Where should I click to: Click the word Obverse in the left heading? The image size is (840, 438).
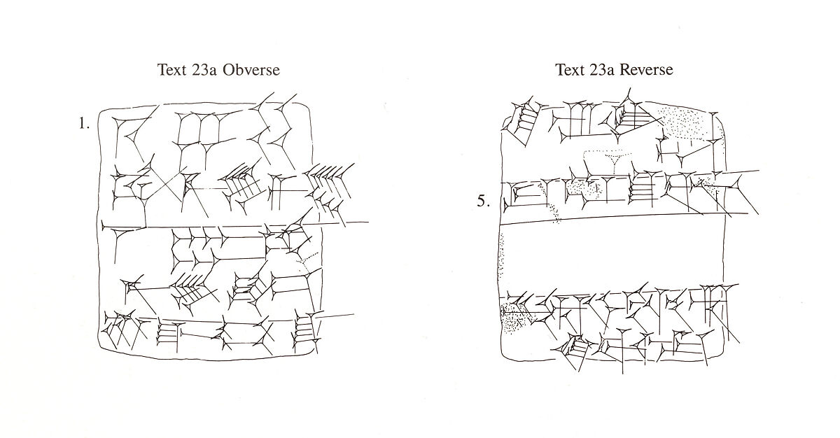click(x=251, y=70)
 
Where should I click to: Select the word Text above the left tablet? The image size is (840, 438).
click(x=173, y=70)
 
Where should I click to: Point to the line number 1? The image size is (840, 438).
click(x=84, y=125)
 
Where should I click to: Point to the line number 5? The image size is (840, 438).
click(x=484, y=202)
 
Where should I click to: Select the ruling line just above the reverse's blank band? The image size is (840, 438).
click(x=612, y=218)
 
